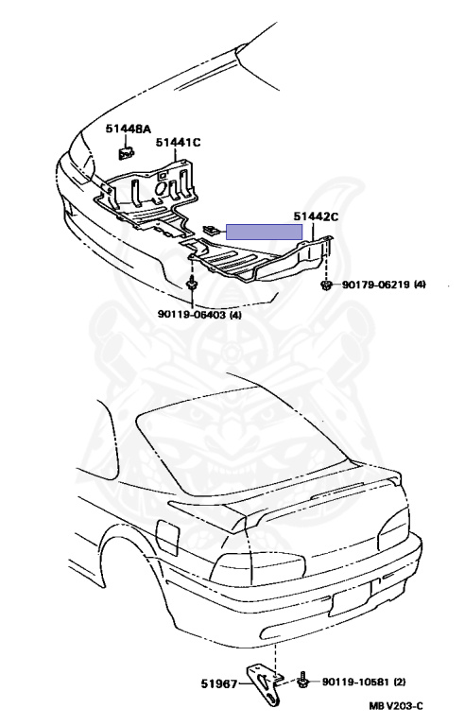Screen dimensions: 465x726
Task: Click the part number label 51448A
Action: (129, 129)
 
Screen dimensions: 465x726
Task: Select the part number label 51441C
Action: (179, 142)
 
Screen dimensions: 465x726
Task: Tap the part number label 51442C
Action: (317, 216)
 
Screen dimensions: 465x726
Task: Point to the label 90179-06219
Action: (376, 285)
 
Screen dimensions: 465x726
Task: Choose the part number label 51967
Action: (219, 683)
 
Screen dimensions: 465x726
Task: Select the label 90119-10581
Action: (356, 682)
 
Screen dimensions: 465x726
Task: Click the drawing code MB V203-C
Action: (396, 706)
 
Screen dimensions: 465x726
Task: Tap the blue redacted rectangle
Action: (264, 232)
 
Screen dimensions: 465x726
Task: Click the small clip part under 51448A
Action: (125, 152)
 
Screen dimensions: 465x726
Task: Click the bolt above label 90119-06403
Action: (191, 283)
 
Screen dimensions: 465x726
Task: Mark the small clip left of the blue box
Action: (212, 229)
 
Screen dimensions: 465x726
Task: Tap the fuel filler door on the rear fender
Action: (166, 537)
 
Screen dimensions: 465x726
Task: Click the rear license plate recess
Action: (351, 597)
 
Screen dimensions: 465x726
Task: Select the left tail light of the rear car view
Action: (258, 567)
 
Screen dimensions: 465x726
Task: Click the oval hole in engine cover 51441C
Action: (161, 189)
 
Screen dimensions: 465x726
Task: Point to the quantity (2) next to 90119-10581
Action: (399, 682)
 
